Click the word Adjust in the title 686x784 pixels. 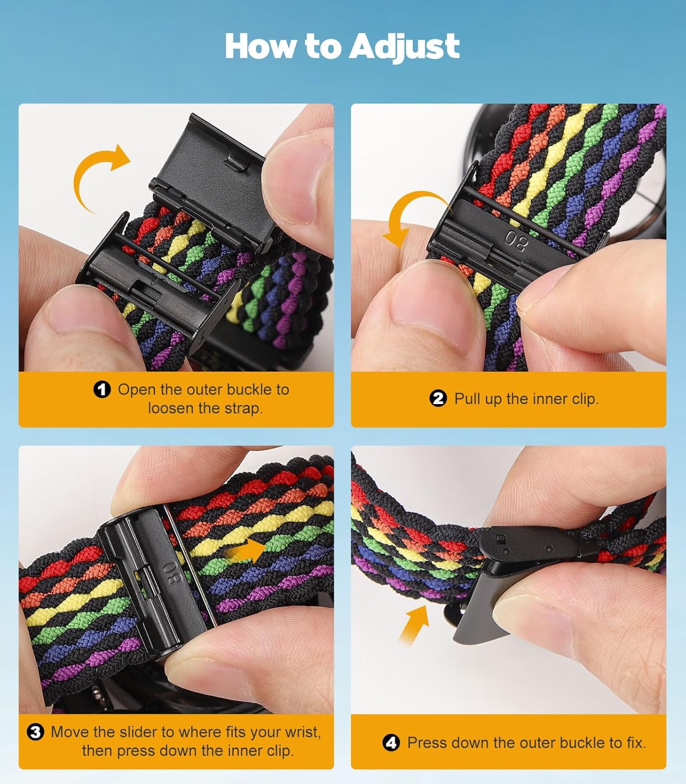tap(404, 47)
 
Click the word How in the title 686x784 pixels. tap(260, 47)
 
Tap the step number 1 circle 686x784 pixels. tap(102, 389)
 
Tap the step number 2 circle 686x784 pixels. tap(438, 399)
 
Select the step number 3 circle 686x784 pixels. tap(36, 732)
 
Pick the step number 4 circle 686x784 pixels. tap(391, 743)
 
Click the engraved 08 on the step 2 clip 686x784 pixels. tap(516, 242)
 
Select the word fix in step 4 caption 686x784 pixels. tap(635, 743)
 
